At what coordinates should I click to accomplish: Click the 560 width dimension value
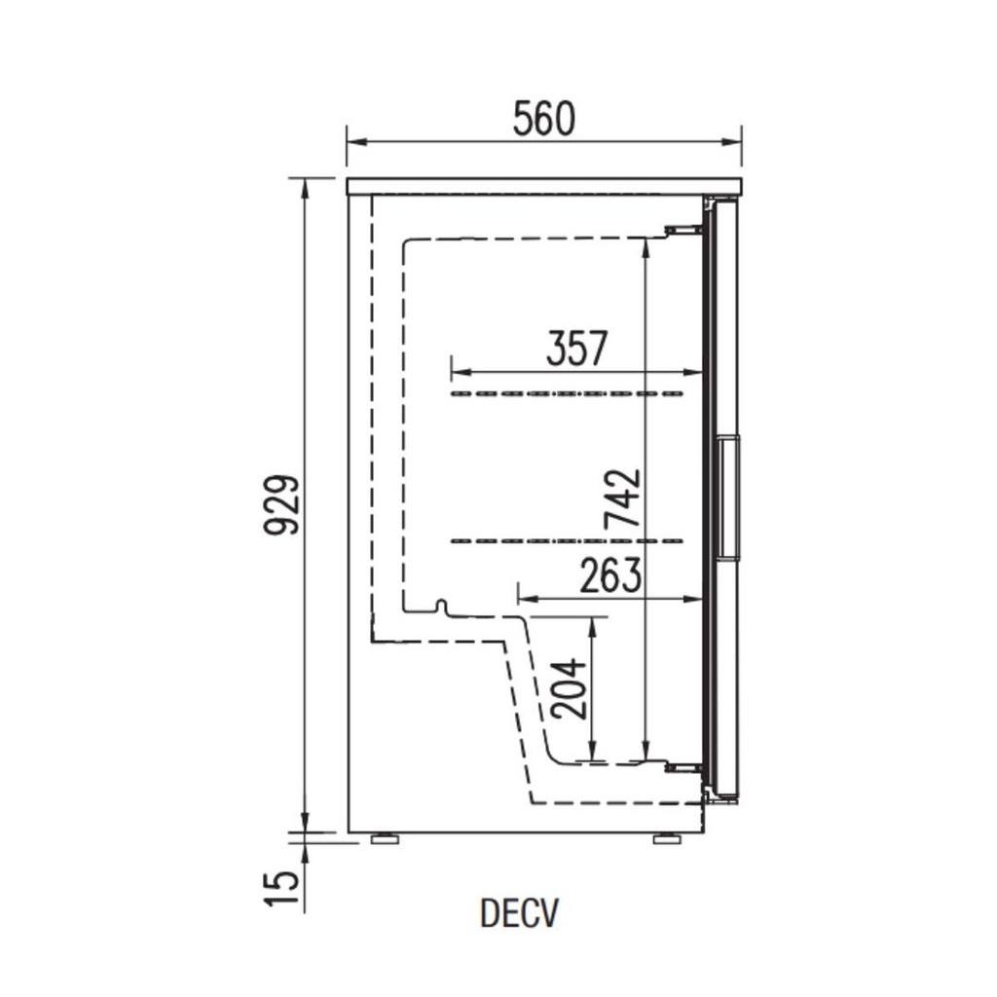point(544,119)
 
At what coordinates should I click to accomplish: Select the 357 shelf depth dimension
point(576,348)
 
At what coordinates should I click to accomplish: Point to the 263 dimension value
point(610,575)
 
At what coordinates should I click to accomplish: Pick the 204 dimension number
point(569,688)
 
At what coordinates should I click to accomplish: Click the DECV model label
point(520,913)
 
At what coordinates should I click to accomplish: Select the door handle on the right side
point(726,498)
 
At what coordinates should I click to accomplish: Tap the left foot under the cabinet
point(386,837)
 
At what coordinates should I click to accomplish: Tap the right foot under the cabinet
point(668,837)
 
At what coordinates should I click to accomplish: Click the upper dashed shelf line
point(568,394)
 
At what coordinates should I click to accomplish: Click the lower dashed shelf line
point(568,540)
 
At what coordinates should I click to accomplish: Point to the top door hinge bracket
point(683,230)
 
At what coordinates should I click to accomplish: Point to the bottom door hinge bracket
point(683,769)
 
